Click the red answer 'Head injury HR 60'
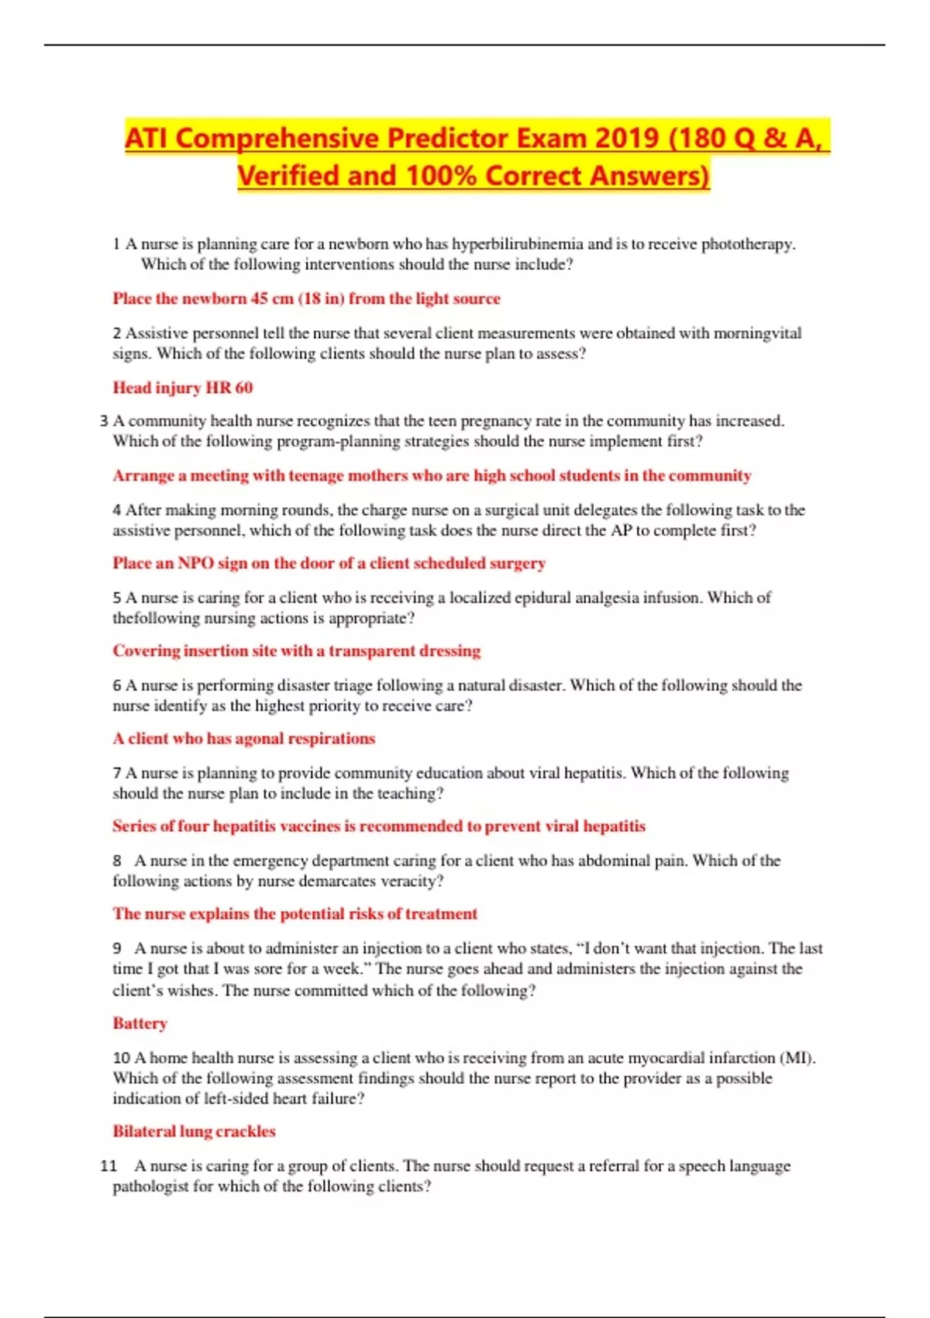pos(183,388)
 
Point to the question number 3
pos(104,421)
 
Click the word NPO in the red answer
pos(195,563)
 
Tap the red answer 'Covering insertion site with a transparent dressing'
pos(297,650)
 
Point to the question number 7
pos(117,773)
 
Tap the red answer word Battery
pos(139,1023)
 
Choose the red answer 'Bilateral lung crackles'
pos(194,1131)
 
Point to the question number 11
pos(108,1166)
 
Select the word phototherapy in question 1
pos(748,244)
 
